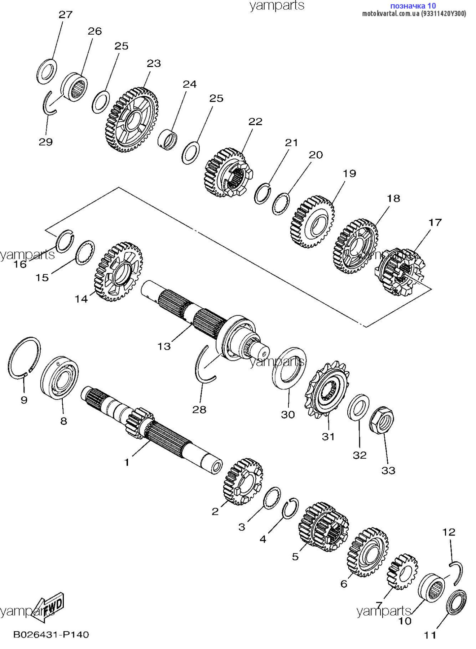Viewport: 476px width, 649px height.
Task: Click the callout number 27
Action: (66, 15)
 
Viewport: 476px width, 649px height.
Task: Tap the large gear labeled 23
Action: (132, 119)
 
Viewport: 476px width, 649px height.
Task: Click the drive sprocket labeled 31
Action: (327, 390)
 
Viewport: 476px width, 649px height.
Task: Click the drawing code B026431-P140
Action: (51, 634)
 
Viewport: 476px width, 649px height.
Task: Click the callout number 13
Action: (164, 346)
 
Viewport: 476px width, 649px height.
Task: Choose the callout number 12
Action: (449, 532)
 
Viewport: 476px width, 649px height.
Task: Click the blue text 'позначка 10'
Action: (413, 6)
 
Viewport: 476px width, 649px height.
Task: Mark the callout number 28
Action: (199, 410)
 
